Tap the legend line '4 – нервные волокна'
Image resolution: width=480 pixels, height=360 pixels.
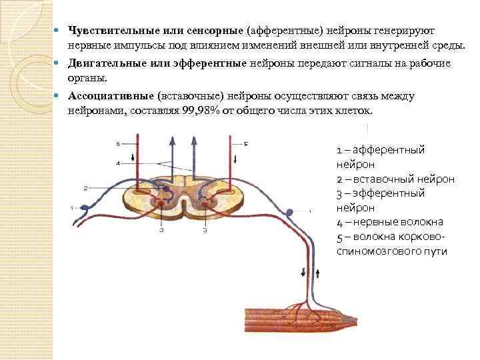390,222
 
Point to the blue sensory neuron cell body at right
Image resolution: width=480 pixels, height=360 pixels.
289,213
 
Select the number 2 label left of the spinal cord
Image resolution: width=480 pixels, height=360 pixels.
86,188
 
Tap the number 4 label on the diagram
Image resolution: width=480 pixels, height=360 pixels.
117,163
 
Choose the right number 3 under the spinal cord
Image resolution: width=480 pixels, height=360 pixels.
205,231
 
